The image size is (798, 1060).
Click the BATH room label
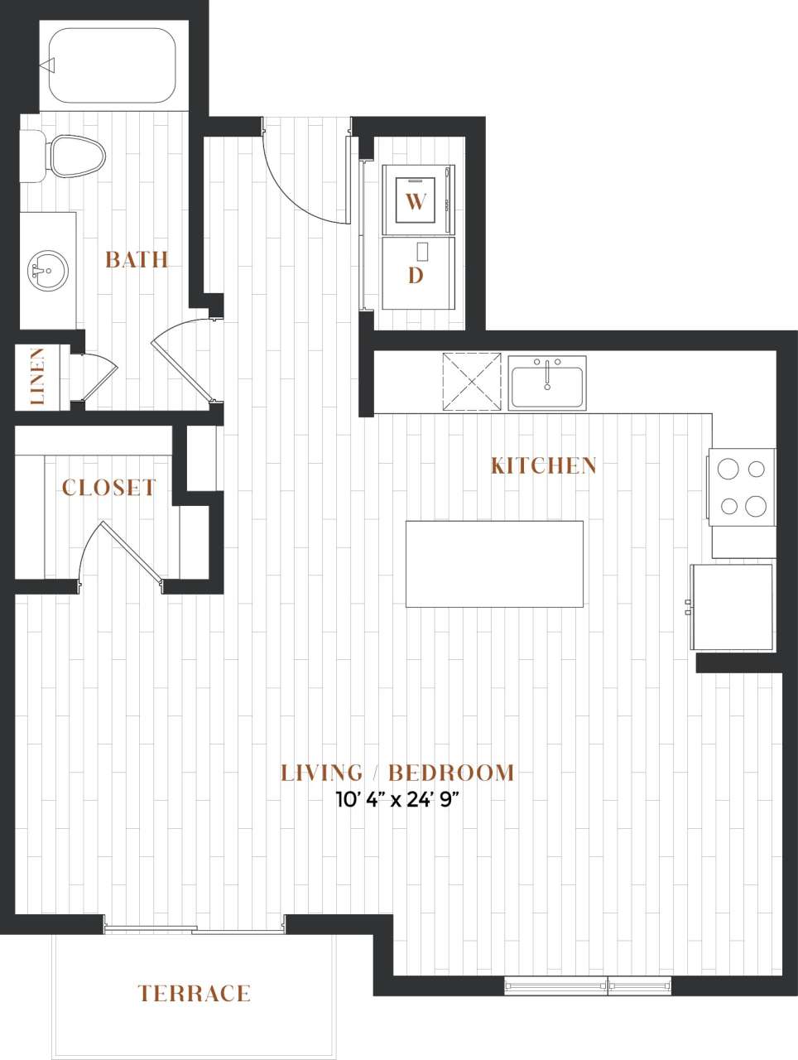pos(137,260)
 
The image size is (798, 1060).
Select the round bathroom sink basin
pos(48,271)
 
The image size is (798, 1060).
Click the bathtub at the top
pos(112,66)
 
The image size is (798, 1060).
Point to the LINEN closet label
pos(37,377)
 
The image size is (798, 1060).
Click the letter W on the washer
pos(416,201)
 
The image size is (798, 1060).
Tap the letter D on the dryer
pos(416,275)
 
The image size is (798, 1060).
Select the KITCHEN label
pos(543,465)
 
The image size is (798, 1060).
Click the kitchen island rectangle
pos(494,563)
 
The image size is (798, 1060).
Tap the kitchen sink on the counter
pos(547,383)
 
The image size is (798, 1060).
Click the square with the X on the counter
pos(472,381)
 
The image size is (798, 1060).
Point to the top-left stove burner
pos(728,470)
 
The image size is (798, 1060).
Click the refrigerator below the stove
pos(733,607)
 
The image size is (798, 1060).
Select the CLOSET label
pos(108,488)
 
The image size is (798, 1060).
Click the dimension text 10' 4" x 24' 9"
pos(397,801)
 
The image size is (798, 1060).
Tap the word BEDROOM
pos(451,773)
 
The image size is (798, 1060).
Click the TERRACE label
pos(194,993)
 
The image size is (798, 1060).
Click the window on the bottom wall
pos(588,985)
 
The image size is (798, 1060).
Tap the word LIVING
pos(321,773)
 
